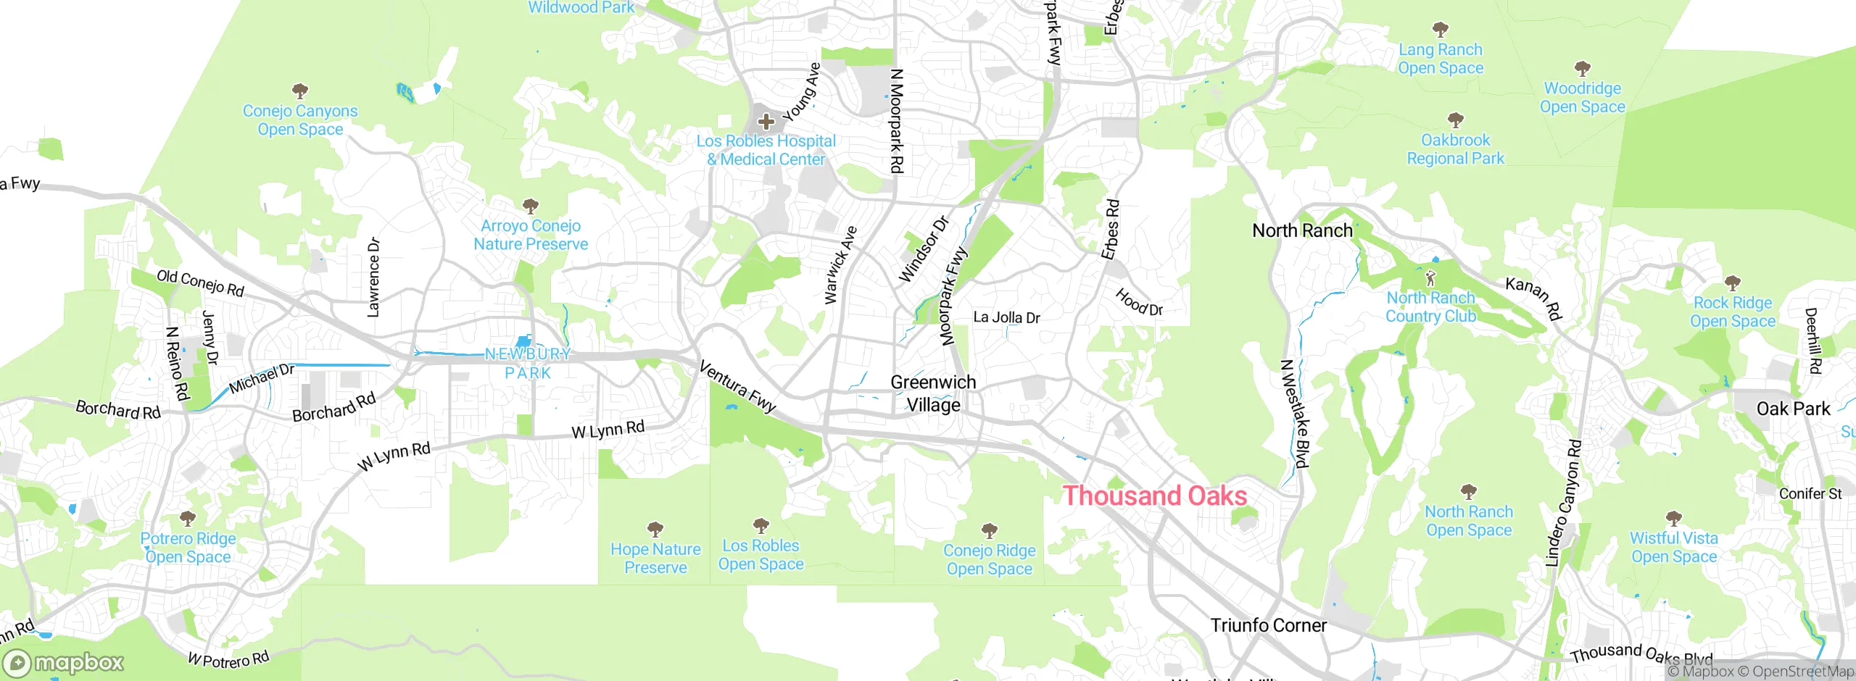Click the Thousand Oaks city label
click(x=1154, y=496)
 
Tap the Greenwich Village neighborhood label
click(x=933, y=393)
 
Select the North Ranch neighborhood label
click(x=1302, y=231)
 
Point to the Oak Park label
click(x=1793, y=409)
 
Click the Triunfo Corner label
click(x=1268, y=625)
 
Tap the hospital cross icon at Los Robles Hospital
click(x=766, y=122)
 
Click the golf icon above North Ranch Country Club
click(x=1430, y=278)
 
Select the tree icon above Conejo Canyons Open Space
click(x=299, y=91)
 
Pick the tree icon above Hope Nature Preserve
click(x=655, y=529)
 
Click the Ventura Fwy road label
click(x=737, y=387)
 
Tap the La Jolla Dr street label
click(x=1006, y=317)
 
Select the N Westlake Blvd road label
click(x=1295, y=414)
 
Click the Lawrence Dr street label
click(x=373, y=277)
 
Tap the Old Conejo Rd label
click(x=200, y=283)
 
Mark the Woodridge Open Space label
click(x=1582, y=98)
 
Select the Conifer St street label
click(x=1810, y=494)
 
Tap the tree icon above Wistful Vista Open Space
click(x=1673, y=518)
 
